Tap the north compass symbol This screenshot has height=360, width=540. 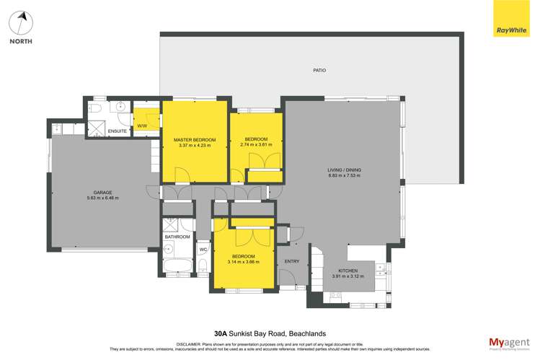(21, 24)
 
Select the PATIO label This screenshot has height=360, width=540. (319, 70)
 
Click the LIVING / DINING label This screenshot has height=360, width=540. (345, 170)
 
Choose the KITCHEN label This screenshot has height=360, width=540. (348, 271)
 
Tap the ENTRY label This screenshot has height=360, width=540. (292, 261)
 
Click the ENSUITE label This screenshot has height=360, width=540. (118, 131)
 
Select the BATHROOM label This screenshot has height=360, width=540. (177, 237)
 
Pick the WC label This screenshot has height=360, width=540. (203, 250)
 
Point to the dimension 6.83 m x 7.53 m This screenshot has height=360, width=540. (345, 176)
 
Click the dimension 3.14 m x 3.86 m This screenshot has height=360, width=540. (243, 262)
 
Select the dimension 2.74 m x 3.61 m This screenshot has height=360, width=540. (256, 145)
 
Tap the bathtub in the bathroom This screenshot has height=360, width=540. (177, 267)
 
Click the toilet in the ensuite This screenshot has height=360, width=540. (95, 109)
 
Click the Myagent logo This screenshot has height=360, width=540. (509, 343)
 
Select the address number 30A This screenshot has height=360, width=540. (221, 334)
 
